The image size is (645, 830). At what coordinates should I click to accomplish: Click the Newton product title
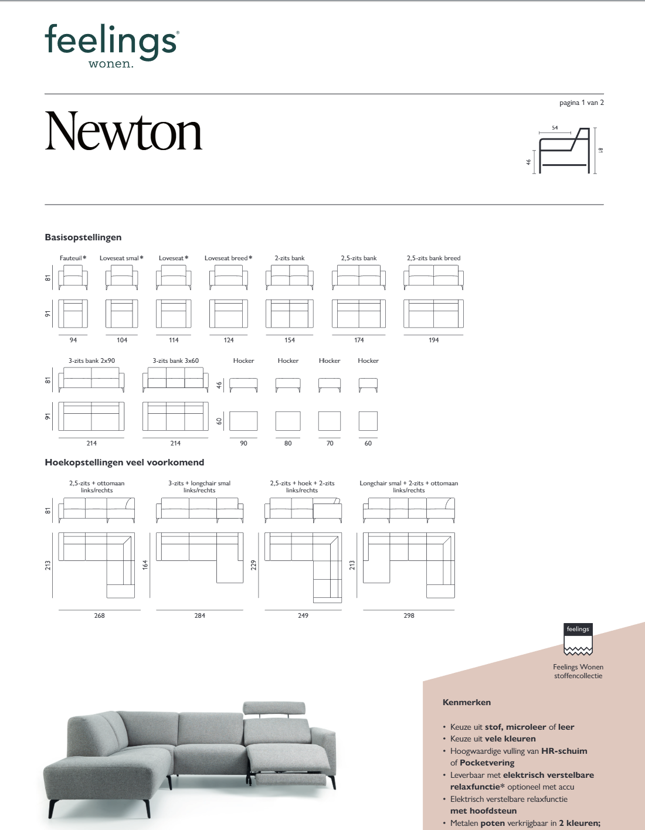124,132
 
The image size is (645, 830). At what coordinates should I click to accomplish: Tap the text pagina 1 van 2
581,103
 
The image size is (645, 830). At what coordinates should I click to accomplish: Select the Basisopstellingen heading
83,237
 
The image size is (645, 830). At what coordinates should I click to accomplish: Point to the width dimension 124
229,340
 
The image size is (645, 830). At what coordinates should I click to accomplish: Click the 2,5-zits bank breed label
433,258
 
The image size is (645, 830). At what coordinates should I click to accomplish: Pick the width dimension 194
433,340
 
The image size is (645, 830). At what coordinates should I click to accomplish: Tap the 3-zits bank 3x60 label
175,360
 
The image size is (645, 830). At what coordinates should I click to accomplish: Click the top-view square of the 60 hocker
368,421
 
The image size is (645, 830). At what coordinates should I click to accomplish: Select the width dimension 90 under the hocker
243,443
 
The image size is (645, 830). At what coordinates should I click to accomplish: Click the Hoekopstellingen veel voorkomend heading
124,462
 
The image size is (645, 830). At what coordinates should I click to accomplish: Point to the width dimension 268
100,615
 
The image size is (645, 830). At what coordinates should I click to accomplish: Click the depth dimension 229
254,564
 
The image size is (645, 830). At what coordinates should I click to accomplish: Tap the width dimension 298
409,615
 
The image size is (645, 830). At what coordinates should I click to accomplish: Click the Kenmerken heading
467,702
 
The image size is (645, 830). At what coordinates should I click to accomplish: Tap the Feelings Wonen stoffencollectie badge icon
578,639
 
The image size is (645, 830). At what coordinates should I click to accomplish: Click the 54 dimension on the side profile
555,128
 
